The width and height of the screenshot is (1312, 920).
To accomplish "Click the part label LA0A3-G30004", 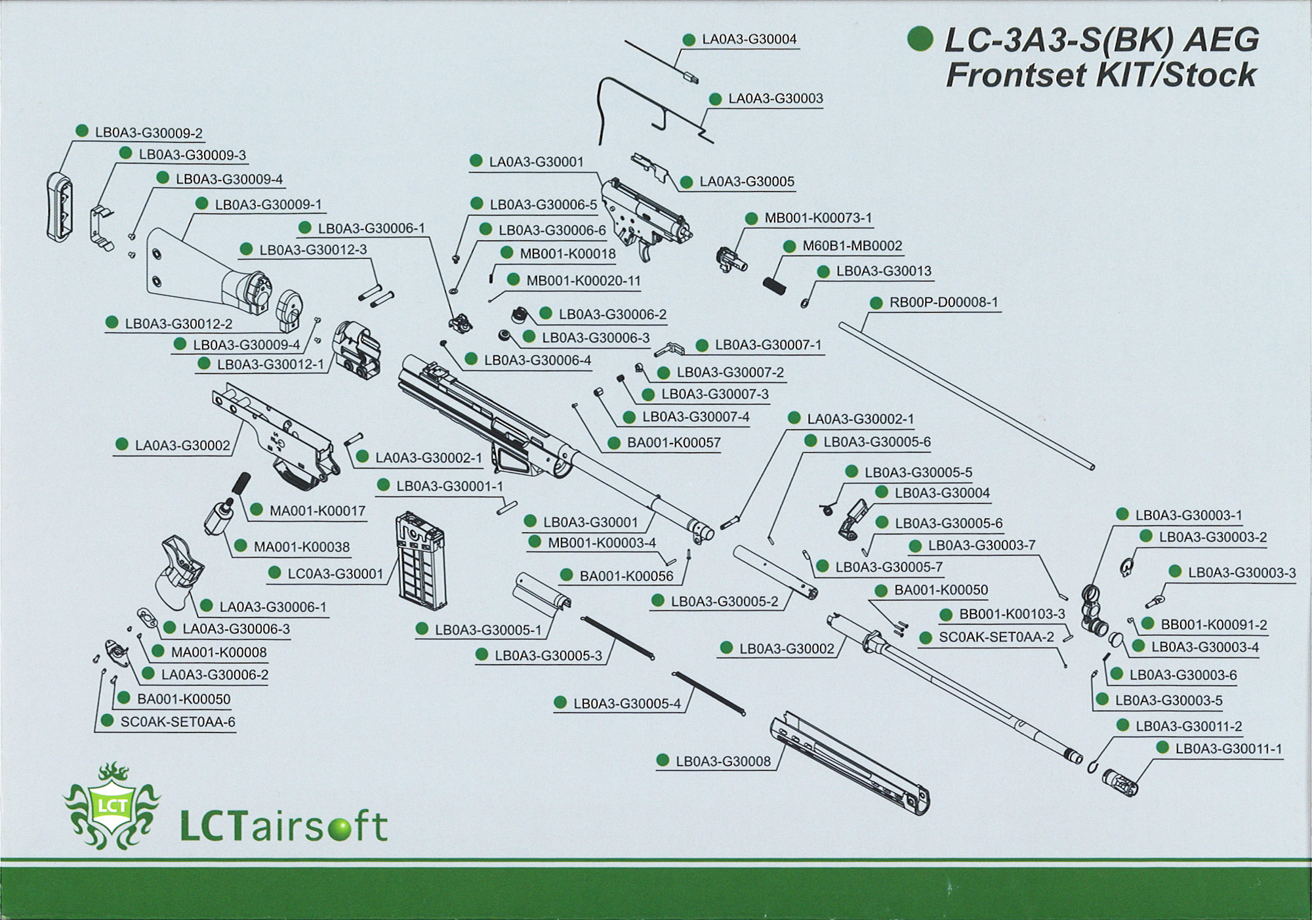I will tap(749, 39).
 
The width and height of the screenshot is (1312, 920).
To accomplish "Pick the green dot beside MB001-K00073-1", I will tap(752, 219).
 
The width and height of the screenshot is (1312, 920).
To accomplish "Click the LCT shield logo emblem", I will tap(112, 806).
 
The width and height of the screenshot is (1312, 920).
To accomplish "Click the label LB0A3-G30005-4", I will tap(627, 704).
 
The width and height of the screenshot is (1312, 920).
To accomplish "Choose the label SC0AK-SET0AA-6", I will tap(178, 722).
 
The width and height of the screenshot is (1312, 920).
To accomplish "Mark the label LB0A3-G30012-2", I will tap(178, 324).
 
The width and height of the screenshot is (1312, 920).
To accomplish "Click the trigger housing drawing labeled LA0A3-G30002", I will tap(276, 433).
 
